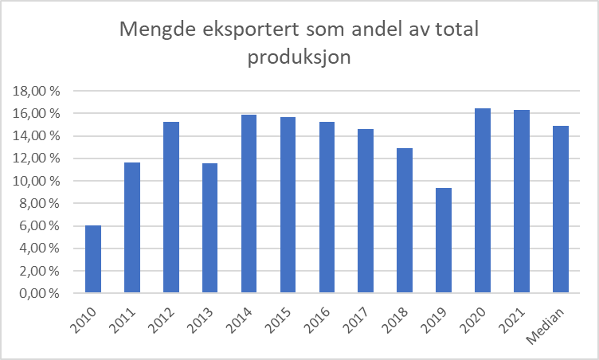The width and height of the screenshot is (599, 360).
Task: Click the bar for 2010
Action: (94, 260)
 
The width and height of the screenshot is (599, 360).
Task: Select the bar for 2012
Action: (171, 208)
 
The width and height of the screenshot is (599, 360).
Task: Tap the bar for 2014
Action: (249, 205)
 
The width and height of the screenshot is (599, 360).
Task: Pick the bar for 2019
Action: (444, 241)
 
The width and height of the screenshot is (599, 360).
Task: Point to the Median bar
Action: (561, 209)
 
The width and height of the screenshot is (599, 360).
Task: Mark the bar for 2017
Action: (366, 211)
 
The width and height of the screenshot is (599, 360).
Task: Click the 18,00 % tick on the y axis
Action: (37, 91)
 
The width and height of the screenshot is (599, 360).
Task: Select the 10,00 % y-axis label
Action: (37, 181)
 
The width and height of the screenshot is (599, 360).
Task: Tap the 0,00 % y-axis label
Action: (41, 293)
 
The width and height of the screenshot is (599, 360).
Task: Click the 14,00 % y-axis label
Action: (37, 136)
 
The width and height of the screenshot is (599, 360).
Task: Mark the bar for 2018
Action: (405, 221)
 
